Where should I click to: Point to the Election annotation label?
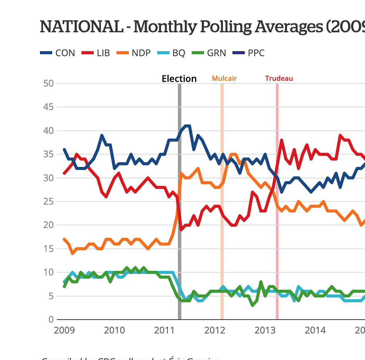point(179,79)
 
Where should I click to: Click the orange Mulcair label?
point(224,78)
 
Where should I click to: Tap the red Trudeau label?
point(279,78)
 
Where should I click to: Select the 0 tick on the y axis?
point(50,320)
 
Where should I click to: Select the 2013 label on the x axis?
point(265,330)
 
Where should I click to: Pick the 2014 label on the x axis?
point(316,330)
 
